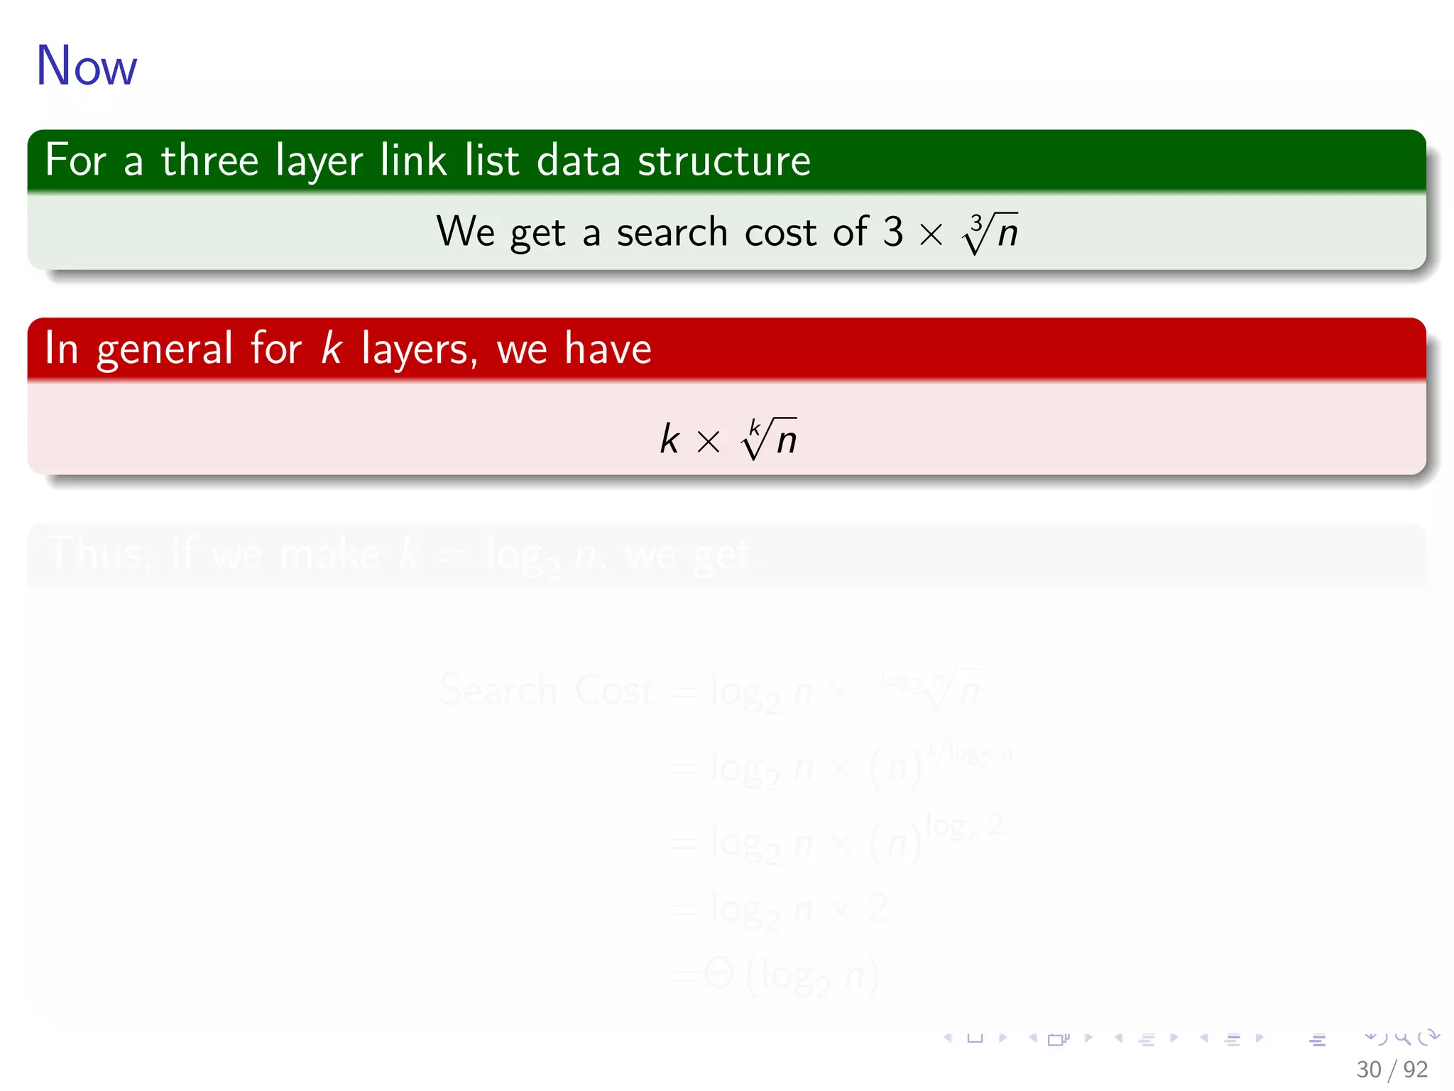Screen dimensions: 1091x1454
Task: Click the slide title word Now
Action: (x=86, y=65)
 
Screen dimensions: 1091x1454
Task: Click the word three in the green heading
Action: (x=209, y=160)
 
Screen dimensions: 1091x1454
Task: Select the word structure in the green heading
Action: (x=723, y=161)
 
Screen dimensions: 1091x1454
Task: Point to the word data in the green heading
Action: (x=578, y=160)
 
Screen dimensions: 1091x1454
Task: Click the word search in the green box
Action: (x=672, y=232)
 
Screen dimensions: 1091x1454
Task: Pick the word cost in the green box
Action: (x=780, y=232)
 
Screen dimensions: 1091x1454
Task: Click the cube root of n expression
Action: (x=990, y=233)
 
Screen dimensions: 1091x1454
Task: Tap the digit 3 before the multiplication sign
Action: (x=893, y=232)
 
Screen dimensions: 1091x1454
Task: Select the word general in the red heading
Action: (x=165, y=349)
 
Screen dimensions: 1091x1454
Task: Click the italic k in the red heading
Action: (x=331, y=348)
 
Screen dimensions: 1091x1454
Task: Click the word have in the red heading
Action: (x=608, y=348)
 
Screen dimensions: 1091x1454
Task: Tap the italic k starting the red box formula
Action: (x=669, y=438)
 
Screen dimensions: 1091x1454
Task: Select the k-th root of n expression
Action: (x=769, y=438)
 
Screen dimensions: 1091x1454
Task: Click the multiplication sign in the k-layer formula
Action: (x=708, y=442)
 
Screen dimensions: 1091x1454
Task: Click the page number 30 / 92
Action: (x=1392, y=1069)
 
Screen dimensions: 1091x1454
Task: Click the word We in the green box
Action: (x=465, y=232)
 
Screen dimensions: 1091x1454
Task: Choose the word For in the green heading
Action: (x=75, y=160)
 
